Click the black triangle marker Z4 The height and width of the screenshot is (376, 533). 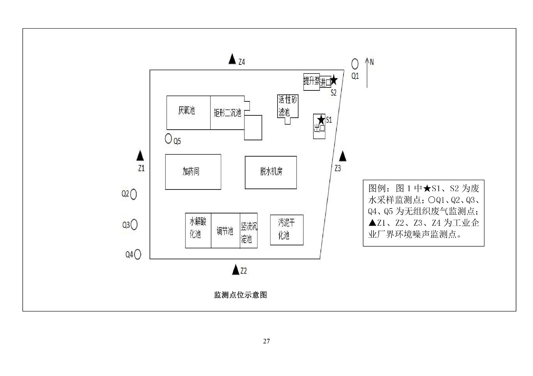[232, 59]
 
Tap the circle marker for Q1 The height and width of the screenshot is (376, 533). [355, 63]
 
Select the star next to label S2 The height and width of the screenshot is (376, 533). [334, 80]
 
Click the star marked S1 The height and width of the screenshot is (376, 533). [321, 119]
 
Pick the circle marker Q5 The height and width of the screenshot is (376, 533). [169, 138]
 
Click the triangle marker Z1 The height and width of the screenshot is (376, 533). [140, 156]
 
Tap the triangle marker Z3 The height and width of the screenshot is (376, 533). [342, 156]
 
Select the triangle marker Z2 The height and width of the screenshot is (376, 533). [236, 270]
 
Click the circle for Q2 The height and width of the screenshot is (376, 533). [133, 194]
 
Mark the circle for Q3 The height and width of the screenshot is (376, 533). [134, 225]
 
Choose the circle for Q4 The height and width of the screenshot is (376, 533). [137, 255]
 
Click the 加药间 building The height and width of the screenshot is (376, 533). [193, 172]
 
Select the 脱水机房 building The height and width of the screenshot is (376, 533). [270, 172]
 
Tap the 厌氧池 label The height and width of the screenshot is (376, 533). [187, 110]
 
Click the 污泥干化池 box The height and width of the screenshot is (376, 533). [286, 230]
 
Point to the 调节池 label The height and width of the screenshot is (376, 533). [225, 231]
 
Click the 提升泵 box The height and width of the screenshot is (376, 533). [311, 81]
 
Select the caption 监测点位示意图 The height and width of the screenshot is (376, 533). [240, 295]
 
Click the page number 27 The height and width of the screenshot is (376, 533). [266, 341]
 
